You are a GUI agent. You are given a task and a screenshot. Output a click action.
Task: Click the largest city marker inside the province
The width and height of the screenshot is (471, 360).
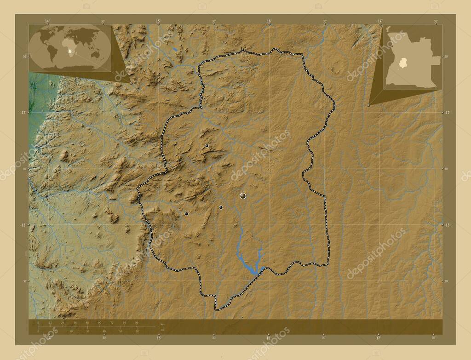(243, 196)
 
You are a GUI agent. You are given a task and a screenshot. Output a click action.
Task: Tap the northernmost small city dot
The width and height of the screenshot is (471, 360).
(207, 146)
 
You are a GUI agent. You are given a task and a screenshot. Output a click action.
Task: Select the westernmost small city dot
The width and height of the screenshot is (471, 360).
(186, 213)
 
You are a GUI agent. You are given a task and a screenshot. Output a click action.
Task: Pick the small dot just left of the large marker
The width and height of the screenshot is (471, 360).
(221, 207)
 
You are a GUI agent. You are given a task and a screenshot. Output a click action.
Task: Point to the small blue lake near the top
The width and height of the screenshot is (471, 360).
(175, 49)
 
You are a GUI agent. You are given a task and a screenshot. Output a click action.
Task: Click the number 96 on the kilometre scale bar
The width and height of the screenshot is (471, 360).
(137, 323)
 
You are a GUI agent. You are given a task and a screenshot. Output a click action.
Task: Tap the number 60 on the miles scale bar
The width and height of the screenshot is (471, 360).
(137, 331)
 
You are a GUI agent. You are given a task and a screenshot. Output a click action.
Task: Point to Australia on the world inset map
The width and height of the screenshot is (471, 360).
(96, 54)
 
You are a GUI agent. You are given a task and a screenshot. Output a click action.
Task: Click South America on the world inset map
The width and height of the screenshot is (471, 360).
(52, 51)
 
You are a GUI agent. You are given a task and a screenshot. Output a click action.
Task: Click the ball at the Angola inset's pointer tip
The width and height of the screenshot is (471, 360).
(369, 105)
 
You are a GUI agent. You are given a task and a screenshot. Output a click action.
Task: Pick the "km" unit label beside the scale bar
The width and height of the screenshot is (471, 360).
(162, 325)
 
